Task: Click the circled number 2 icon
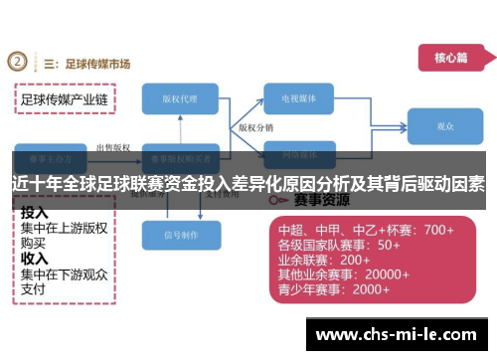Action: tap(17, 62)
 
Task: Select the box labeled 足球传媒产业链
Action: tap(65, 99)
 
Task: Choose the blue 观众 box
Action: tap(445, 127)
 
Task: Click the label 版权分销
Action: tap(255, 128)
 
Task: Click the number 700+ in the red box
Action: tap(438, 230)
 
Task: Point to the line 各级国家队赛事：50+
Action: tap(338, 245)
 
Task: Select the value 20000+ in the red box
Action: tap(395, 274)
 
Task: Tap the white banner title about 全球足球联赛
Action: tap(248, 184)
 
